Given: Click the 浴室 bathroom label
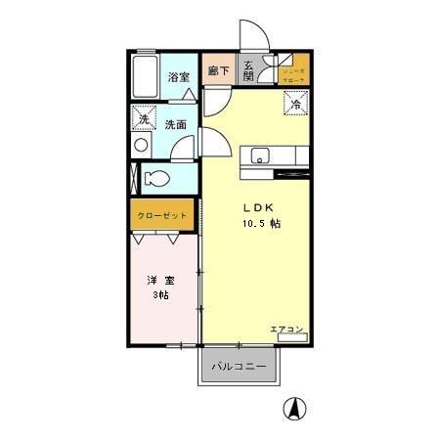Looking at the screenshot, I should [x=177, y=76].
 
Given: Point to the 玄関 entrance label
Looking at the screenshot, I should [x=249, y=71].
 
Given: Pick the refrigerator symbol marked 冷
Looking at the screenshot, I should [x=293, y=101].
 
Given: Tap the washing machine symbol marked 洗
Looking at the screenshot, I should [x=143, y=118].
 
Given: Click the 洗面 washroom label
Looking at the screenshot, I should [x=176, y=124].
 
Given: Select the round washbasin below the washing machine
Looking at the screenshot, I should [x=142, y=145].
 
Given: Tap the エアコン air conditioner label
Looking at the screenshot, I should [x=286, y=330].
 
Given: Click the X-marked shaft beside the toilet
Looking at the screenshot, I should [x=135, y=178].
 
